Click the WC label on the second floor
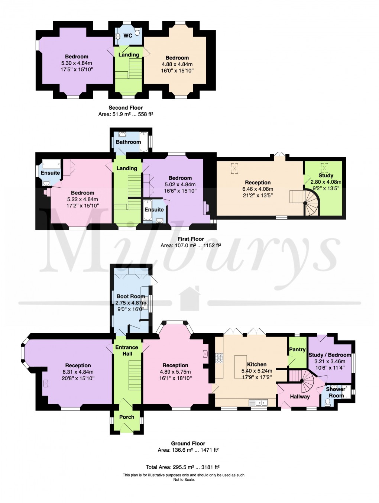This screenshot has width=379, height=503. point(127,36)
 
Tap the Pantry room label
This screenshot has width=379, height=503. point(297,349)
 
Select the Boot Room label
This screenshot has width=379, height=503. point(130,296)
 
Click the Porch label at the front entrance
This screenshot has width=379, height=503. point(127,417)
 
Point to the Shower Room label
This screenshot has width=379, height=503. point(336,392)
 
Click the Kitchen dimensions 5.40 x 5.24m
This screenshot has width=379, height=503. point(256,371)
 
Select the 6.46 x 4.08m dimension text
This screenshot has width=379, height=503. point(257,189)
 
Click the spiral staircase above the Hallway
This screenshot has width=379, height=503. point(306,381)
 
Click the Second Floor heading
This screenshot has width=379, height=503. point(126,107)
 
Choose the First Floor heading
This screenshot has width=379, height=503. point(191,239)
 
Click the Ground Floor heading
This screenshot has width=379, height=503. point(188,443)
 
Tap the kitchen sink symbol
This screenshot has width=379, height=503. point(258,402)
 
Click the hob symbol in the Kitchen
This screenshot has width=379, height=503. point(219,358)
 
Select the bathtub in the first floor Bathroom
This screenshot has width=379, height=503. point(143,142)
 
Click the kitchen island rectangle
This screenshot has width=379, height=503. point(240,367)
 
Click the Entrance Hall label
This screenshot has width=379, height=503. point(127,350)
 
